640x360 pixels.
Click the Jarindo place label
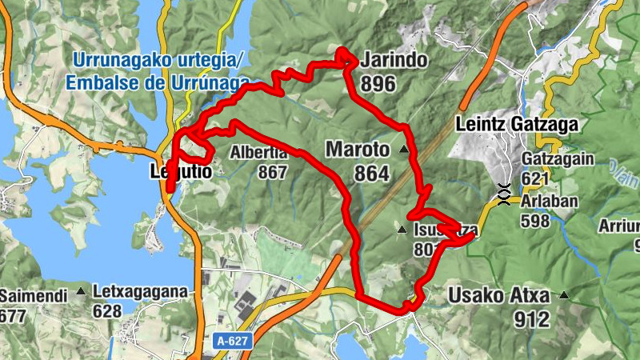(394, 61)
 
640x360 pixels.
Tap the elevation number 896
(378, 83)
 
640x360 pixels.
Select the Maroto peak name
(358, 150)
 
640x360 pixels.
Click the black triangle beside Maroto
(403, 150)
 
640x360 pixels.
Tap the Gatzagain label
(558, 159)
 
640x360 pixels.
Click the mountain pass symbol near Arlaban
(504, 194)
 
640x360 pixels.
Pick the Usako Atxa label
(500, 296)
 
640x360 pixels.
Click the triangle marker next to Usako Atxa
(565, 295)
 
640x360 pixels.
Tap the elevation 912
(534, 320)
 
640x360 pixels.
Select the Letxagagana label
(139, 290)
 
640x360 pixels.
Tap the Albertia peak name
(258, 153)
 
